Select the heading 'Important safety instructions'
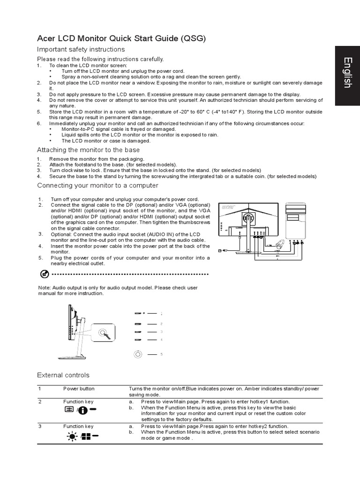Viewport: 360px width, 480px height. (81, 49)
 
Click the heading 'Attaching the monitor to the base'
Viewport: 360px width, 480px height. (88, 150)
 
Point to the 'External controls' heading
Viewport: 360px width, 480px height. (63, 375)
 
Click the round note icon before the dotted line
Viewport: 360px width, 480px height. (44, 274)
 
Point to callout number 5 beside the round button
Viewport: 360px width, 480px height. (161, 354)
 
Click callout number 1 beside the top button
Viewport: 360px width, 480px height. (161, 313)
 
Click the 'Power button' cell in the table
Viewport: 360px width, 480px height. (79, 389)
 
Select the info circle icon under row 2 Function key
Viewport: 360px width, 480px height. (82, 411)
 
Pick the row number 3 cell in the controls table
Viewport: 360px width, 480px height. (40, 426)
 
